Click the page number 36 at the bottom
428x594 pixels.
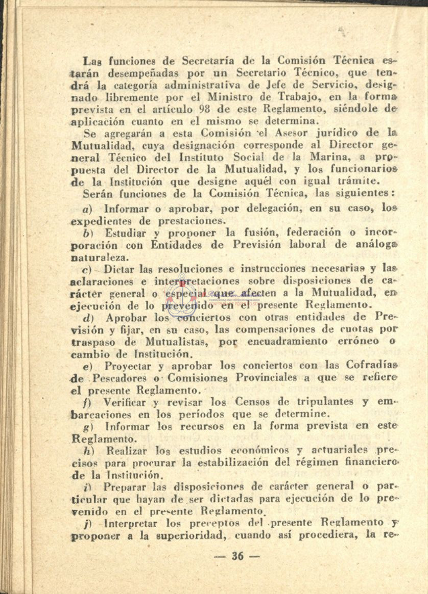coord(237,556)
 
